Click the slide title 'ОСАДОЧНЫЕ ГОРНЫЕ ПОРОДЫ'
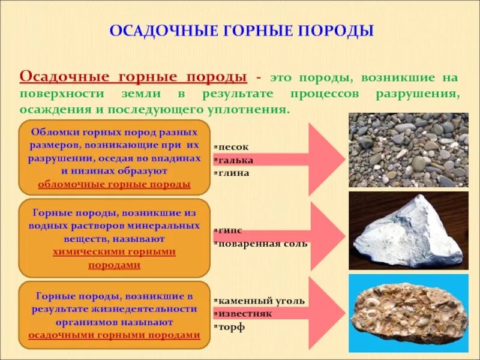coord(241,30)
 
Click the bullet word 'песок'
coord(233,146)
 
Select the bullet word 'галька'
coord(235,160)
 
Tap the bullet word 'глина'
coord(233,173)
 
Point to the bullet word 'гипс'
coord(230,230)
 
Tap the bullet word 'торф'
coord(232,327)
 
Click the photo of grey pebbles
coord(408,150)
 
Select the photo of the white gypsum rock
coord(408,230)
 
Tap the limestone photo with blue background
coord(408,312)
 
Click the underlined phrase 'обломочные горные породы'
coord(114,184)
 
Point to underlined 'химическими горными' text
coord(114,251)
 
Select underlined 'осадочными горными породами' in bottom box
coord(114,335)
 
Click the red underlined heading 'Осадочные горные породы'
coord(133,77)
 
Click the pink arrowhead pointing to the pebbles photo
coord(327,160)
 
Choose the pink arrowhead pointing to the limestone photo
coord(327,313)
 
